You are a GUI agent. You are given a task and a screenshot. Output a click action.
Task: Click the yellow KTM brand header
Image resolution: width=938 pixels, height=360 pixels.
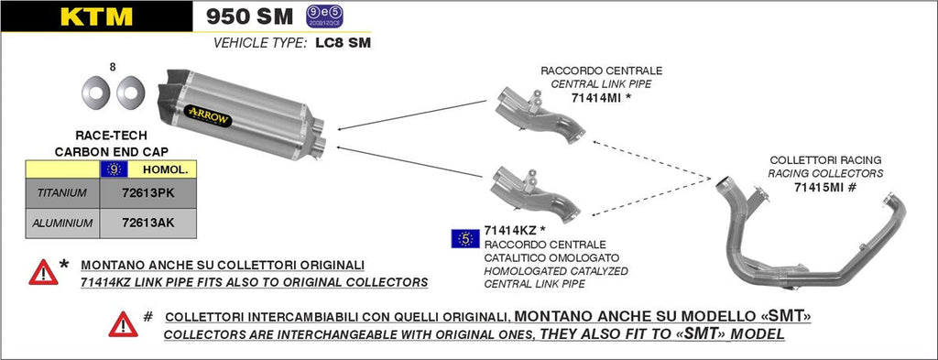point(96,16)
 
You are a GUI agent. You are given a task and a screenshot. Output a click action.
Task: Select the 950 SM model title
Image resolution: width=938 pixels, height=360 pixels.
point(249,16)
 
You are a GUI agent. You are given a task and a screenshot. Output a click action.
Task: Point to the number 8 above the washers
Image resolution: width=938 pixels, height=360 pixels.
point(113,67)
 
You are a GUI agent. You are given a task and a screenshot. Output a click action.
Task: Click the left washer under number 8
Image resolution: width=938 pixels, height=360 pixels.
point(95,92)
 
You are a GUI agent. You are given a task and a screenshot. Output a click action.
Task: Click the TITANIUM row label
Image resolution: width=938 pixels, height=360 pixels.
point(62,193)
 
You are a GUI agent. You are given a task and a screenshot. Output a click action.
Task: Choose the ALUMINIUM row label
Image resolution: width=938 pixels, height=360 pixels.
point(62,222)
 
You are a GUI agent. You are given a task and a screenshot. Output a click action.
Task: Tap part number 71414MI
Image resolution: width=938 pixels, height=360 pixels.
point(596,97)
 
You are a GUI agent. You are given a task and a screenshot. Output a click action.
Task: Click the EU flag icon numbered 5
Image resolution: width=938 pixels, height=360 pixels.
point(465,238)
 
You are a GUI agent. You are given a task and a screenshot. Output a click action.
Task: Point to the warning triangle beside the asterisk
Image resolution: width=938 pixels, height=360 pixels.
point(43,272)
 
